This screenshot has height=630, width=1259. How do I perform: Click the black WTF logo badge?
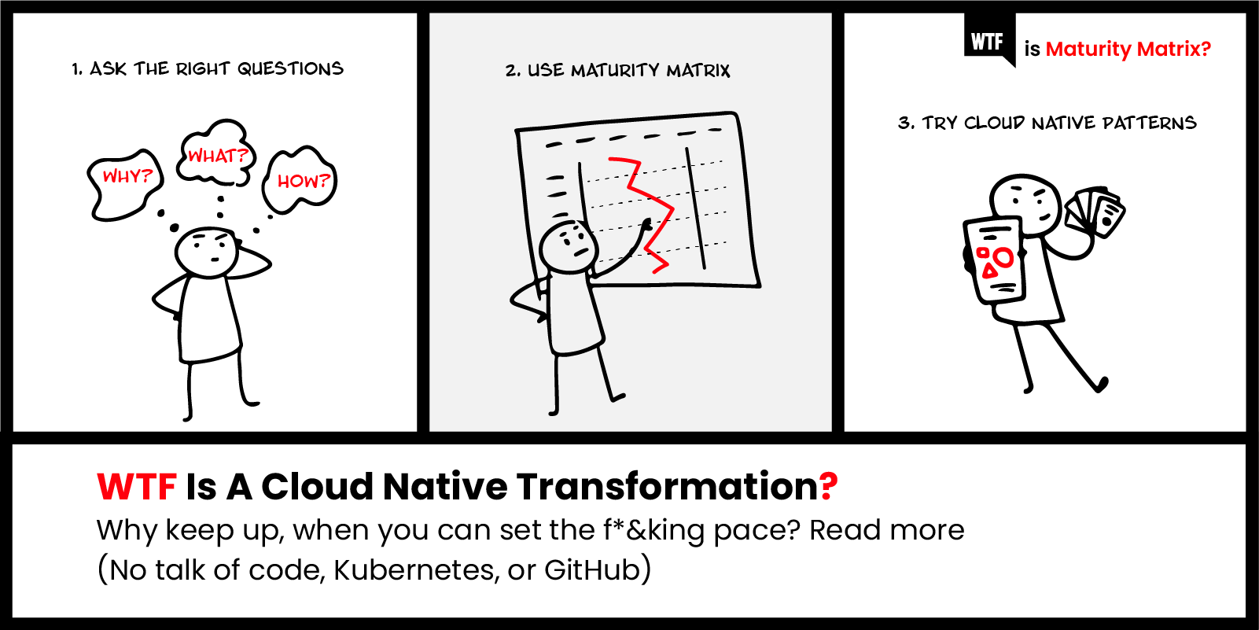(x=988, y=39)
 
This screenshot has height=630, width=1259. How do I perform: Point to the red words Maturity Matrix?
(x=1128, y=50)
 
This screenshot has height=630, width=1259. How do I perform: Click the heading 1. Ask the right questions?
(x=208, y=69)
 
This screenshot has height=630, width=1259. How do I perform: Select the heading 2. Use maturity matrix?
(x=618, y=71)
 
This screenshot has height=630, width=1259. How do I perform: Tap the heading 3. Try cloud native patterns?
(x=1047, y=123)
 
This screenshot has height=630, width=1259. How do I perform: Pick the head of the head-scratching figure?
(x=206, y=251)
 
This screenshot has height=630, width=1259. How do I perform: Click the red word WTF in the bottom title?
(x=136, y=487)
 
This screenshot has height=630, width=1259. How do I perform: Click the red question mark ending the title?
(x=828, y=487)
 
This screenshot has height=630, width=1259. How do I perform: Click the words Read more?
(x=886, y=530)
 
